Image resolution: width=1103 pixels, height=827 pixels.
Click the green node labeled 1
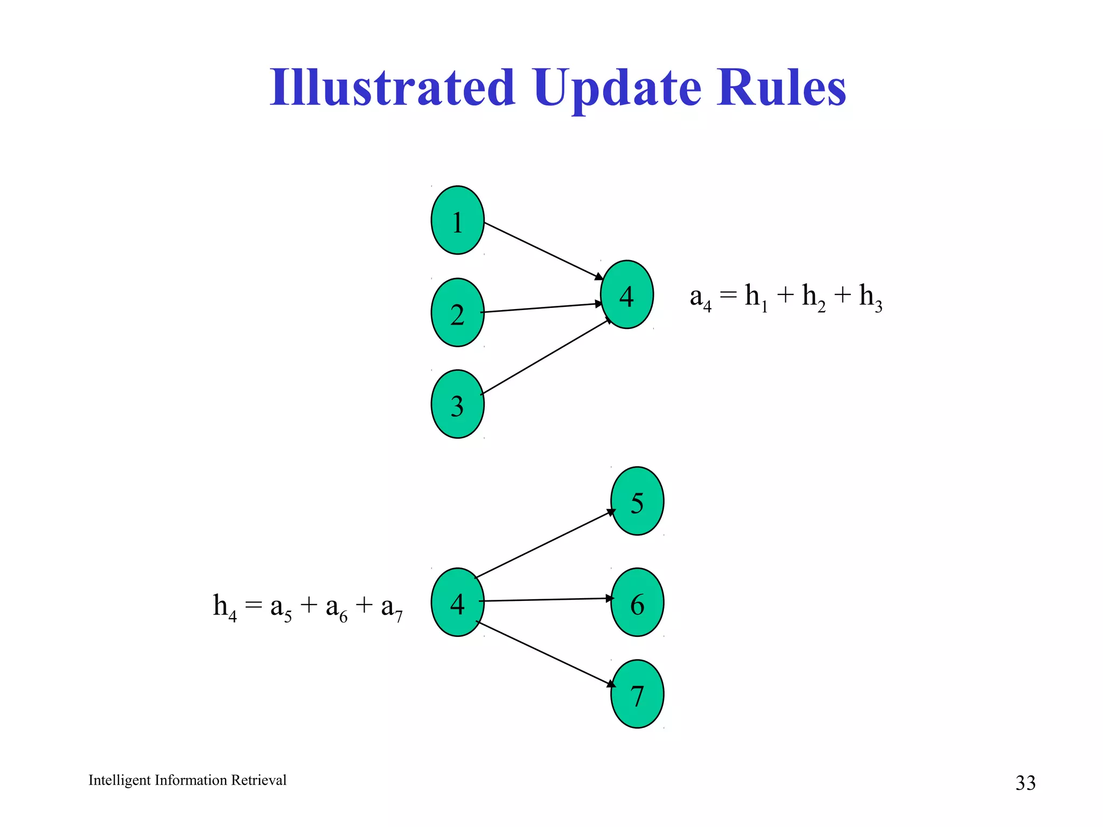457,220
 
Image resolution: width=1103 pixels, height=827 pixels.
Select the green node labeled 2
457,312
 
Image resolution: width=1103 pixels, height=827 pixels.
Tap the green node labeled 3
457,404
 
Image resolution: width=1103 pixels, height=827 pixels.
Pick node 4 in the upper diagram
626,295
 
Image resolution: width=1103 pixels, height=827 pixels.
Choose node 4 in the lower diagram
457,602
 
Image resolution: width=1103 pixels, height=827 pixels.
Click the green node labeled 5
637,501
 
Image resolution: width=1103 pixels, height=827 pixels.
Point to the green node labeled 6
637,602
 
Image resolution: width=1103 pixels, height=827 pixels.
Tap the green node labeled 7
637,694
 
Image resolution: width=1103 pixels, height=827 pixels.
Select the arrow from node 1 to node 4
543,250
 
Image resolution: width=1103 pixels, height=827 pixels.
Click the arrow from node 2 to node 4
541,308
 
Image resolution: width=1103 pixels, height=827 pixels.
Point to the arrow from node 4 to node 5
544,544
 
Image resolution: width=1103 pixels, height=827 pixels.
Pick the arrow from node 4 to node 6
545,599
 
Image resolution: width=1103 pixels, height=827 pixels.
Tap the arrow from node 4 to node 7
545,654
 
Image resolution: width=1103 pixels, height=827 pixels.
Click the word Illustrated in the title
393,87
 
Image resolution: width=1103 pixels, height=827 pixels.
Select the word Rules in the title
781,87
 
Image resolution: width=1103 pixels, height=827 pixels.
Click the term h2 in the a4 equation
813,297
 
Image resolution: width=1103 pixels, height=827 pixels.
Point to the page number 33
1025,782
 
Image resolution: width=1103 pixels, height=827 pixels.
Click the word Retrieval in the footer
259,780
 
